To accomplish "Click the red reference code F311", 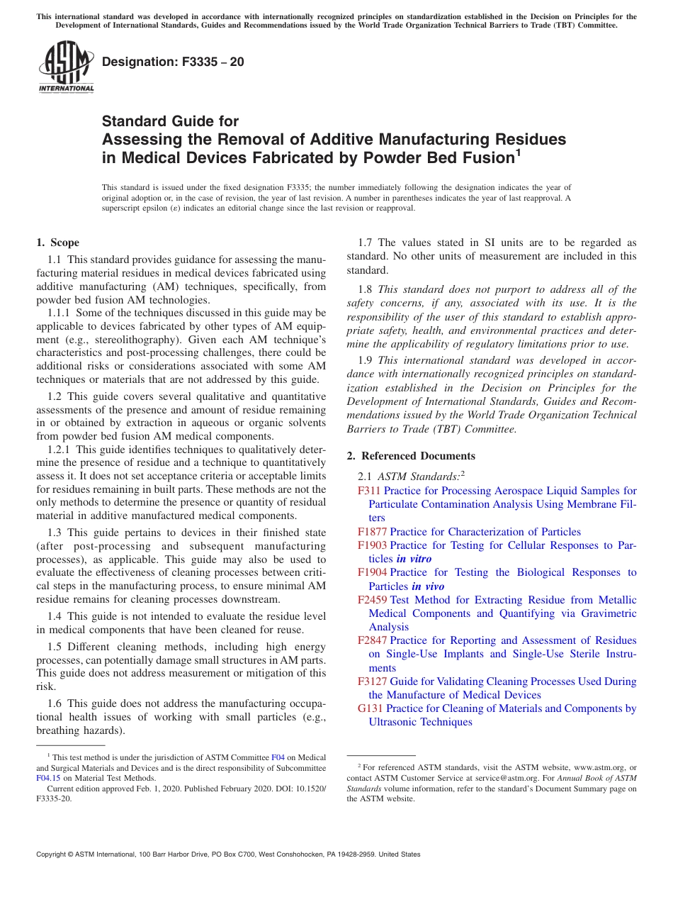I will [x=369, y=491].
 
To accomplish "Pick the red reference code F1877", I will [x=372, y=532].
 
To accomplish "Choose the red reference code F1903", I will [x=372, y=545].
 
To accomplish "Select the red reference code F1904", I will [x=372, y=572].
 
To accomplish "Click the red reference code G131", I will [x=371, y=708].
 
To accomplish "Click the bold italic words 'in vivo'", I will [x=428, y=586].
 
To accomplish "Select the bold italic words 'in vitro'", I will [x=414, y=559].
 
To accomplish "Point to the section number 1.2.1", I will [x=60, y=450].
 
